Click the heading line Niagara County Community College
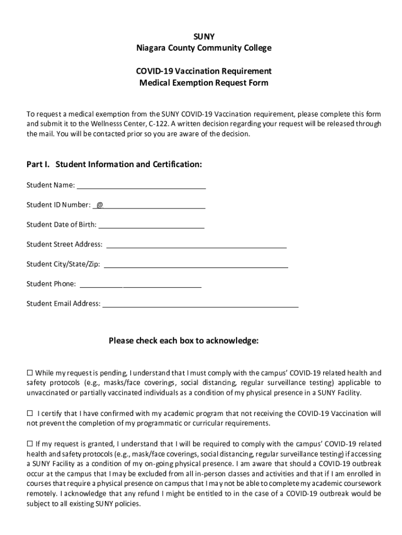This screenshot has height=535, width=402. pos(204,48)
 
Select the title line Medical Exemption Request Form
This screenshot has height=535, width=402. pos(204,83)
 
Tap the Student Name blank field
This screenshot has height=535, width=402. pos(141,185)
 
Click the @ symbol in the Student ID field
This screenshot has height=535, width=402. pos(99,205)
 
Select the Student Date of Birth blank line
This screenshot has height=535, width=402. pos(151,225)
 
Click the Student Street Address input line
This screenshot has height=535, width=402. pos(196,244)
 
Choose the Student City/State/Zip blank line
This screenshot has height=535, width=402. pos(196,264)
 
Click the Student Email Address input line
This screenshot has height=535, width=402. pos(200,304)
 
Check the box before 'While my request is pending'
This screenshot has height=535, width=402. pos(30,373)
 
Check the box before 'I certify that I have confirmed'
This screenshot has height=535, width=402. pos(30,413)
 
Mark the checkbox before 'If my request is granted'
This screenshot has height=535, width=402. pos(30,444)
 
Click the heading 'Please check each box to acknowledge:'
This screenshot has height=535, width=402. pos(183,341)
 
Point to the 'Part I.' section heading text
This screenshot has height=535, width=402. pos(39,165)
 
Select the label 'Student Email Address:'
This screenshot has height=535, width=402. pos(63,304)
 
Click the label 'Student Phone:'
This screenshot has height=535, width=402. pos(51,284)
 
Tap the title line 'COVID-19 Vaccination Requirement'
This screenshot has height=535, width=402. pos(204,71)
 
